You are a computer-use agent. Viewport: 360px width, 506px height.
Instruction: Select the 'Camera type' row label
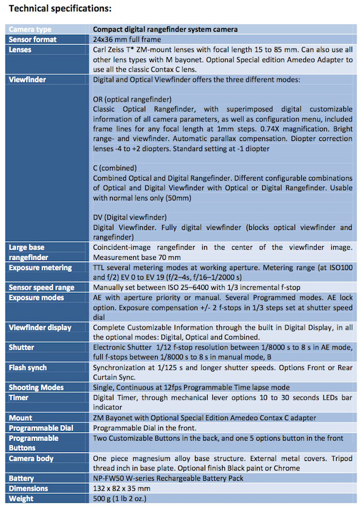pos(30,29)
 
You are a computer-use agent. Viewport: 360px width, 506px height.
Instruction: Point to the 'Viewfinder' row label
pos(28,79)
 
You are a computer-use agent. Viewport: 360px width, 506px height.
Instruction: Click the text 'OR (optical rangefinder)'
pos(132,98)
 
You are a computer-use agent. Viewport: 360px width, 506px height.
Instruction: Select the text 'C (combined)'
pos(115,168)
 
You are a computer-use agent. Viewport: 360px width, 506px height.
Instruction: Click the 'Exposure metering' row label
pos(40,267)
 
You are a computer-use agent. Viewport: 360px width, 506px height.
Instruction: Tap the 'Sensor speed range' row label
pos(42,287)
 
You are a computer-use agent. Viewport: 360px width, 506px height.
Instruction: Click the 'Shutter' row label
pos(22,347)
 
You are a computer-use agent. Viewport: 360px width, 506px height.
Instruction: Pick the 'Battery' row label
pos(22,478)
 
